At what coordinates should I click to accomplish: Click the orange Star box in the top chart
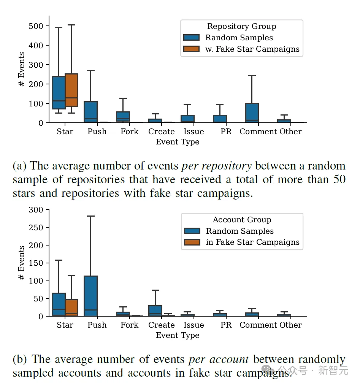coord(71,90)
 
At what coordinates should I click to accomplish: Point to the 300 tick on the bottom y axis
coord(38,210)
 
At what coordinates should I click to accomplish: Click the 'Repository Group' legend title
coord(241,26)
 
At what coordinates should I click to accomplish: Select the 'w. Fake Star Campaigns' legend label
coord(252,49)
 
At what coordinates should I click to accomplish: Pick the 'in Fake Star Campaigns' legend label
coord(253,242)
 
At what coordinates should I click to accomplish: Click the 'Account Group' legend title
coord(242,220)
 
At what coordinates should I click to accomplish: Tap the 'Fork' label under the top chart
coord(129,132)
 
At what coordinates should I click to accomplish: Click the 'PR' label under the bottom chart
coord(226,325)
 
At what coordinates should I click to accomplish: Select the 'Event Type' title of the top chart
coord(178,142)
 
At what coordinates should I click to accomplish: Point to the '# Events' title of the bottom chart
coord(22,263)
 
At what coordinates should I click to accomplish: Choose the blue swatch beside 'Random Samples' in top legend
coord(191,38)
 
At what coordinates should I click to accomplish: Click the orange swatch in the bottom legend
coord(192,242)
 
